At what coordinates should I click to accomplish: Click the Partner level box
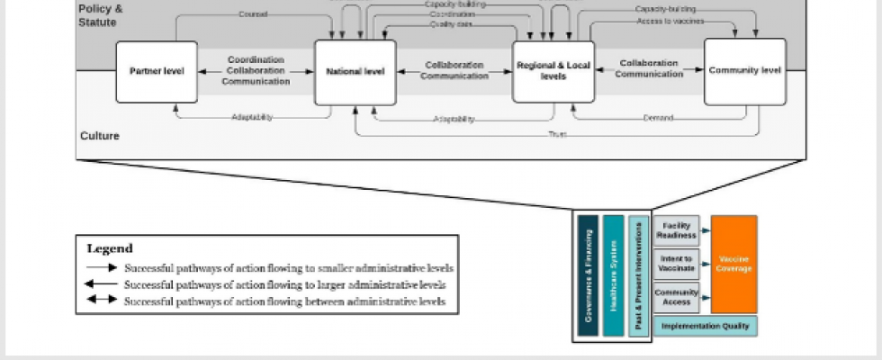[x=157, y=70]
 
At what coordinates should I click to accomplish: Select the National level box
[x=355, y=70]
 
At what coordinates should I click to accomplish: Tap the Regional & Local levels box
[x=553, y=70]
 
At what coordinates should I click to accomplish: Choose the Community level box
[x=744, y=70]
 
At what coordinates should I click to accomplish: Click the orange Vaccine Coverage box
[x=733, y=263]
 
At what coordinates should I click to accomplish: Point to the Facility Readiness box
[x=676, y=230]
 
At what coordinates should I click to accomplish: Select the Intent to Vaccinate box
[x=676, y=265]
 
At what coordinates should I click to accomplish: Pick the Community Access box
[x=676, y=298]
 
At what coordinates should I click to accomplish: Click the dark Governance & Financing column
[x=588, y=275]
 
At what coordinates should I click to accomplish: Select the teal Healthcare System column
[x=613, y=275]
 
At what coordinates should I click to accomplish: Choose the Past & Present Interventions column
[x=638, y=275]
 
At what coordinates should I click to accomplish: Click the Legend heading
[x=110, y=248]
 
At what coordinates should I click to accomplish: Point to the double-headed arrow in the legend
[x=101, y=301]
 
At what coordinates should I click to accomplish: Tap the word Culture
[x=99, y=137]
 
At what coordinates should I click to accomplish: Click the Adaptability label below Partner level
[x=252, y=117]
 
